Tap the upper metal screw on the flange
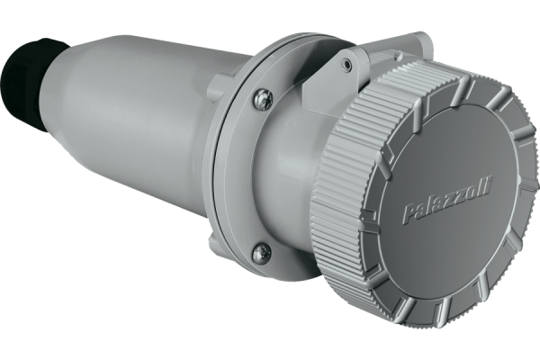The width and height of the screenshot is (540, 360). click(264, 100)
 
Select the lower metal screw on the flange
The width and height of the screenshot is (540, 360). click(264, 253)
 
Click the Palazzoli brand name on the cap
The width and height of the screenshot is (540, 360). click(447, 200)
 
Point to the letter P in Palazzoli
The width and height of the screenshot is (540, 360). click(409, 213)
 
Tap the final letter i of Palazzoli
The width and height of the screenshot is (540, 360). click(490, 186)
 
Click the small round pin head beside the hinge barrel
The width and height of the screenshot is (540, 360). click(399, 54)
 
